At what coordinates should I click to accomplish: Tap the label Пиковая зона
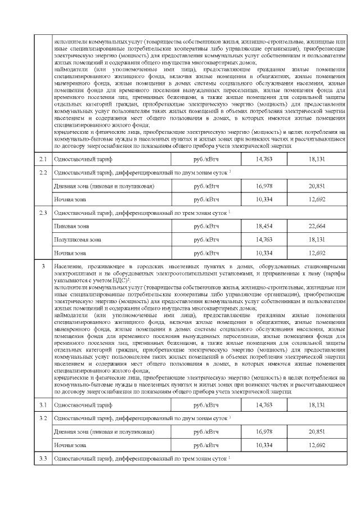click(x=71, y=226)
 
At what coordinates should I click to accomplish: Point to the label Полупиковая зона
click(x=77, y=240)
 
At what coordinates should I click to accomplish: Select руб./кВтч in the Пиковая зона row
click(x=206, y=226)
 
